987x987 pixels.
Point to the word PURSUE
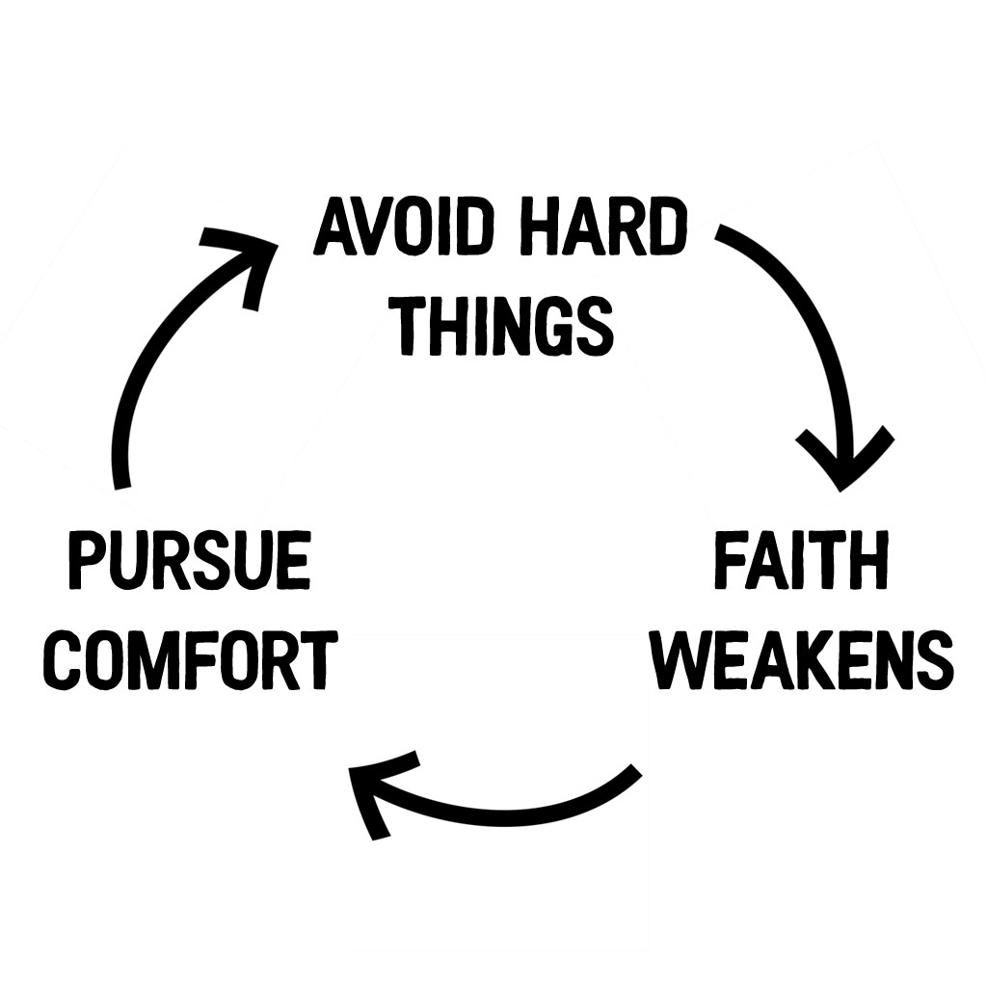190,560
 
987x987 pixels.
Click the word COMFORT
190,660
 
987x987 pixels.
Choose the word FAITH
801,560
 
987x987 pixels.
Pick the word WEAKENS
805,660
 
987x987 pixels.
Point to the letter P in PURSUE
87,560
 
